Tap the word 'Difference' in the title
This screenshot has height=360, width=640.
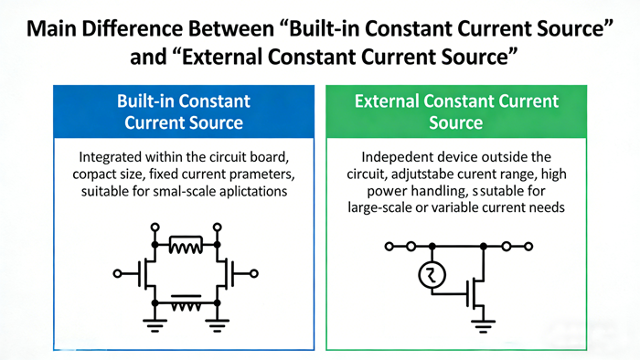[150, 27]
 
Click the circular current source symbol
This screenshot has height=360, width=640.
[431, 275]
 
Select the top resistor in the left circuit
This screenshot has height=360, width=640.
[186, 245]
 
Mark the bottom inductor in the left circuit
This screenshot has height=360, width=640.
[186, 302]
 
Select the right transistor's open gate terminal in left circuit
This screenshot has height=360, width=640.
[255, 272]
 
